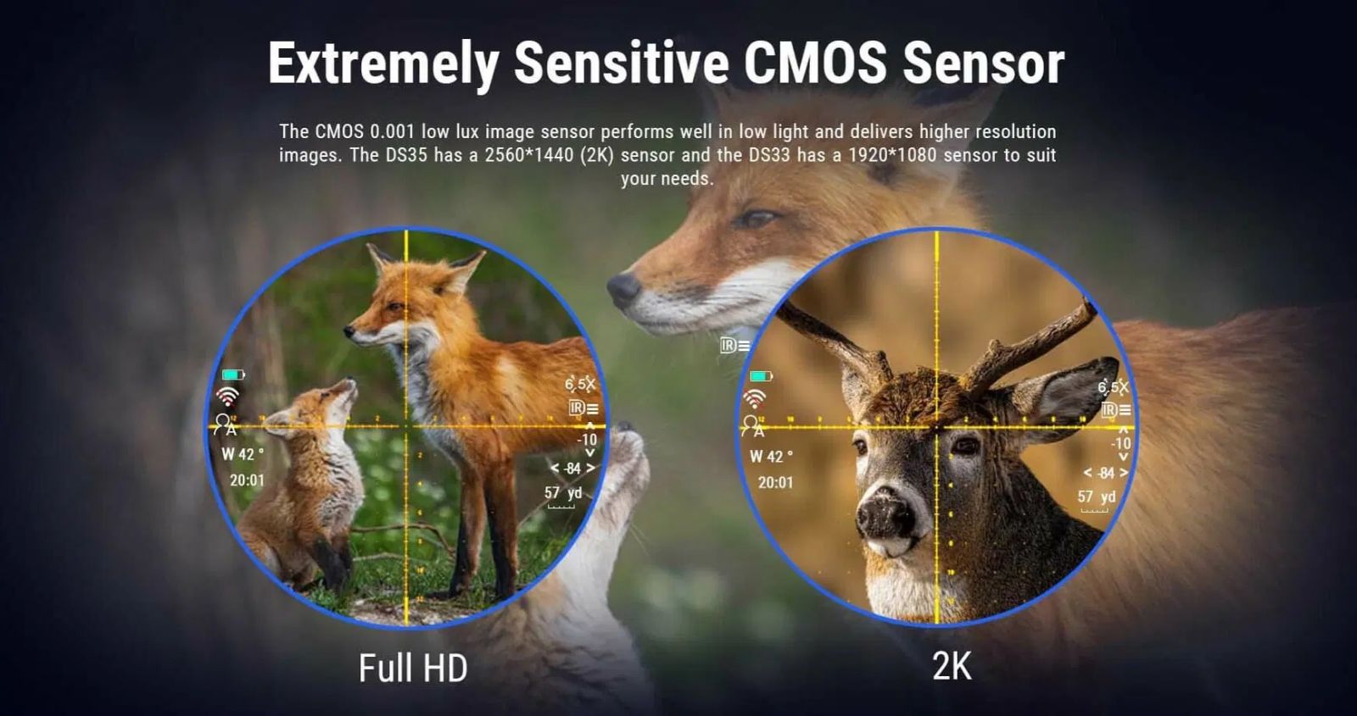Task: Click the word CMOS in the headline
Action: [x=815, y=63]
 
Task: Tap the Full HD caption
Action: [x=413, y=668]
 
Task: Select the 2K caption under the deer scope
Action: [x=952, y=666]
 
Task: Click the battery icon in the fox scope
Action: [x=233, y=375]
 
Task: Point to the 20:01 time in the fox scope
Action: [x=247, y=480]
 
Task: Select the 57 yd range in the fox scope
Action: [x=563, y=492]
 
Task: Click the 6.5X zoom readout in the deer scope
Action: [x=1114, y=386]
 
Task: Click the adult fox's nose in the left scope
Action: [x=349, y=331]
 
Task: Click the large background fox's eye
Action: [x=754, y=218]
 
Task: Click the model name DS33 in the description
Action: [x=769, y=155]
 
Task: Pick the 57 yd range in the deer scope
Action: [x=1097, y=497]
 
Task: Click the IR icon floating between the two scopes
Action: [x=734, y=346]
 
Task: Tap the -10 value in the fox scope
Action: [x=586, y=439]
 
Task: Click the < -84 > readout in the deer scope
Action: [x=1106, y=473]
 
